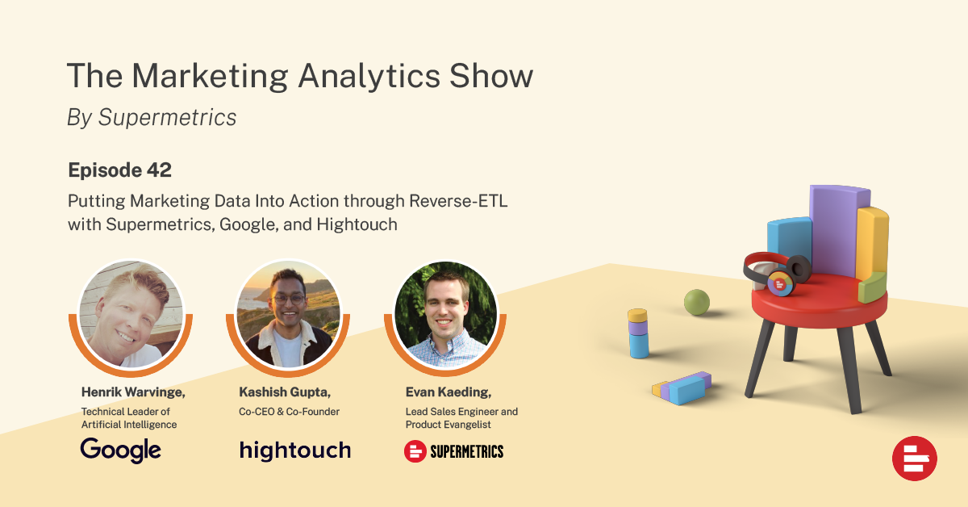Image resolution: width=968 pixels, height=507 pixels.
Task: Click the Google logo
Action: click(x=120, y=450)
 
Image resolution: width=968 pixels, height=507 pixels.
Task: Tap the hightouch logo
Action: click(x=295, y=450)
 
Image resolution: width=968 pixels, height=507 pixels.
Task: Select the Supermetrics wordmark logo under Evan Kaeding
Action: click(x=453, y=451)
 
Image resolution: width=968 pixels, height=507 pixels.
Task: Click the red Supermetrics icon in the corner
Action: click(x=915, y=459)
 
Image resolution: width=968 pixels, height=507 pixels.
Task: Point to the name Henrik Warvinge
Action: click(x=133, y=392)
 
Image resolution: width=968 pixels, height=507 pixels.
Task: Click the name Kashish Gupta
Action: click(x=285, y=392)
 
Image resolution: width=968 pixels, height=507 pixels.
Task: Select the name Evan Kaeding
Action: click(x=449, y=392)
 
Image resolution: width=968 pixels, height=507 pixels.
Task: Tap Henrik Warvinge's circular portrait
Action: click(x=131, y=315)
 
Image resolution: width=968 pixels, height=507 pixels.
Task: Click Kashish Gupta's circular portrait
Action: click(x=288, y=315)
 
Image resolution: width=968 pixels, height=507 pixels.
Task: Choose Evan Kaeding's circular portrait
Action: click(x=446, y=315)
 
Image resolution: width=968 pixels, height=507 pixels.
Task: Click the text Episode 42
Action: click(x=119, y=170)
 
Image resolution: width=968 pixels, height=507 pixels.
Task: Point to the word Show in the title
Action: click(x=491, y=76)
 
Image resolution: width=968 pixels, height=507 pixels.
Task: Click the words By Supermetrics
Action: click(x=152, y=117)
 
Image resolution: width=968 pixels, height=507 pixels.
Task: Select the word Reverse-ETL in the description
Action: click(x=458, y=201)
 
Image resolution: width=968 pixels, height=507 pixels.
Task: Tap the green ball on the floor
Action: click(x=697, y=302)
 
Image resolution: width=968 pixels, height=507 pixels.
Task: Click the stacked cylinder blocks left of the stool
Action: click(x=638, y=333)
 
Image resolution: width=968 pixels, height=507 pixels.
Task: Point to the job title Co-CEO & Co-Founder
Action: click(x=289, y=412)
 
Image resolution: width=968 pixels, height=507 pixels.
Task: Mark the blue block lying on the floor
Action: click(x=688, y=389)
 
